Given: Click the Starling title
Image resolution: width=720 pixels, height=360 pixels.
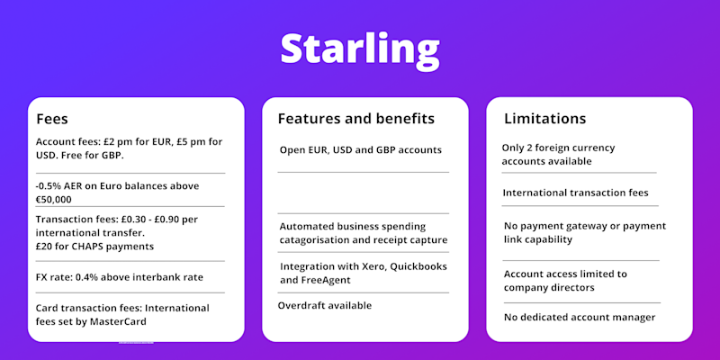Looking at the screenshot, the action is click(360, 49).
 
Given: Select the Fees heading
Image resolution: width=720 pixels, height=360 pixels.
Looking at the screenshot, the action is click(52, 120).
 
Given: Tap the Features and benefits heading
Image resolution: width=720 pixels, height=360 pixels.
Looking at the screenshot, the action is click(355, 119).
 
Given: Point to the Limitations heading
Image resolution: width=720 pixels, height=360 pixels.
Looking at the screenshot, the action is click(545, 119).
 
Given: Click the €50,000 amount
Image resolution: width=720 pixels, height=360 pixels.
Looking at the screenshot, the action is click(53, 200).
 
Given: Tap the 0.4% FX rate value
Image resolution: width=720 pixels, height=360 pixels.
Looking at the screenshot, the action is click(86, 277).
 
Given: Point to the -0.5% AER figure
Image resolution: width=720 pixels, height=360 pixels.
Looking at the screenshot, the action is click(59, 186).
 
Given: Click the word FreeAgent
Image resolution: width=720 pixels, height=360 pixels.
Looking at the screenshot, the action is click(326, 280).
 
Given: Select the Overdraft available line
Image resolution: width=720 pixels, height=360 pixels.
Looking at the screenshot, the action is click(325, 305).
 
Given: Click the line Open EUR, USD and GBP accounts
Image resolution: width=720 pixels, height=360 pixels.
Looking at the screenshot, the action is click(361, 150).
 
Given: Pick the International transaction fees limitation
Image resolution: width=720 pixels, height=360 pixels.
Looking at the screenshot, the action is click(575, 193).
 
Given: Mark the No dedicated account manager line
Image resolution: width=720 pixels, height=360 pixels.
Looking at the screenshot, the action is click(580, 318).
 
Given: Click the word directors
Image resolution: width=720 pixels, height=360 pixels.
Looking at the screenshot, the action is click(571, 288).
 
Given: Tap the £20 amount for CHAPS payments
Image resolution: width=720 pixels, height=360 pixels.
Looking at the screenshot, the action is click(43, 246).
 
